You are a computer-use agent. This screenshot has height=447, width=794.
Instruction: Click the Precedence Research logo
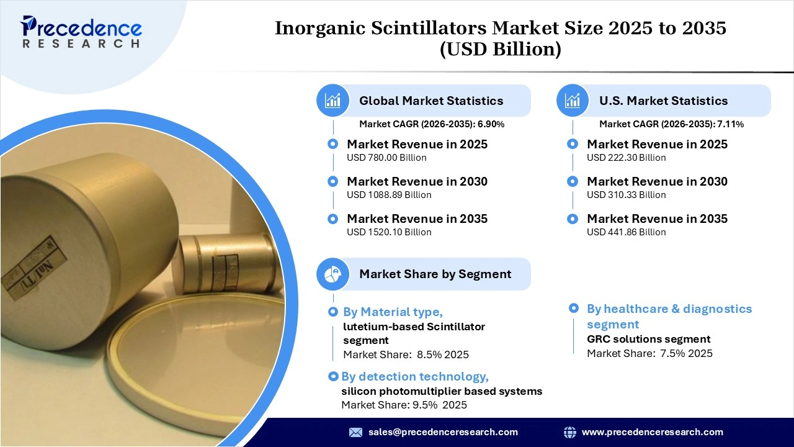pos(81,32)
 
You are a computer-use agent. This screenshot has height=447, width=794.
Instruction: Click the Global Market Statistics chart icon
pos(333,101)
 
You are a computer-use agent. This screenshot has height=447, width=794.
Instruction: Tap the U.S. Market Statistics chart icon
pos(573,101)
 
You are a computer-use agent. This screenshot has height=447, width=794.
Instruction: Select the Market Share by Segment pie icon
pos(333,274)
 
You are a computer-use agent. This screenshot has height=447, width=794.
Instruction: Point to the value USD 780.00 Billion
pos(386,158)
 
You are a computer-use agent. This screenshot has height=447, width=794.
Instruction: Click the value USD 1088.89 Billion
pos(389,195)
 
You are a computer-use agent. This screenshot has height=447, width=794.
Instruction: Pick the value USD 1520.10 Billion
pos(389,232)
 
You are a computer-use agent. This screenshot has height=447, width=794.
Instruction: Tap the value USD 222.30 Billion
pos(627,158)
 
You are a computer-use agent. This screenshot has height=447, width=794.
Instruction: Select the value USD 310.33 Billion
pos(627,195)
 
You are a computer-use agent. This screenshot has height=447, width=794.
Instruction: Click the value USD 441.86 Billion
pos(627,232)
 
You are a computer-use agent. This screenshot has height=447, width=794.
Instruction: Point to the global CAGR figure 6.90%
pos(491,124)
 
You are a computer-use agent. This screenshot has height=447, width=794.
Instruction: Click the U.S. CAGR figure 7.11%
pos(731,124)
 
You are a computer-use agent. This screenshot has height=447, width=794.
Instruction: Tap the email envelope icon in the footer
pos(355,432)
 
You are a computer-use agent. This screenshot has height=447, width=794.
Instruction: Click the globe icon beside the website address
pos(569,432)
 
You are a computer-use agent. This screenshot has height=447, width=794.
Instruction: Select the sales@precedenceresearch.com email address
pos(443,432)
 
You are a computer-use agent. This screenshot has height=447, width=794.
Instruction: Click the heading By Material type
pos(393,312)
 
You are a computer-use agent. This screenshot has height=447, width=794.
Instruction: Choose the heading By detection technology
pos(415,376)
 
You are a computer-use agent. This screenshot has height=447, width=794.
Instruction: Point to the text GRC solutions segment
pos(649,339)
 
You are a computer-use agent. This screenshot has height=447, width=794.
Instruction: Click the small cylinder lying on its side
pos(226,262)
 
